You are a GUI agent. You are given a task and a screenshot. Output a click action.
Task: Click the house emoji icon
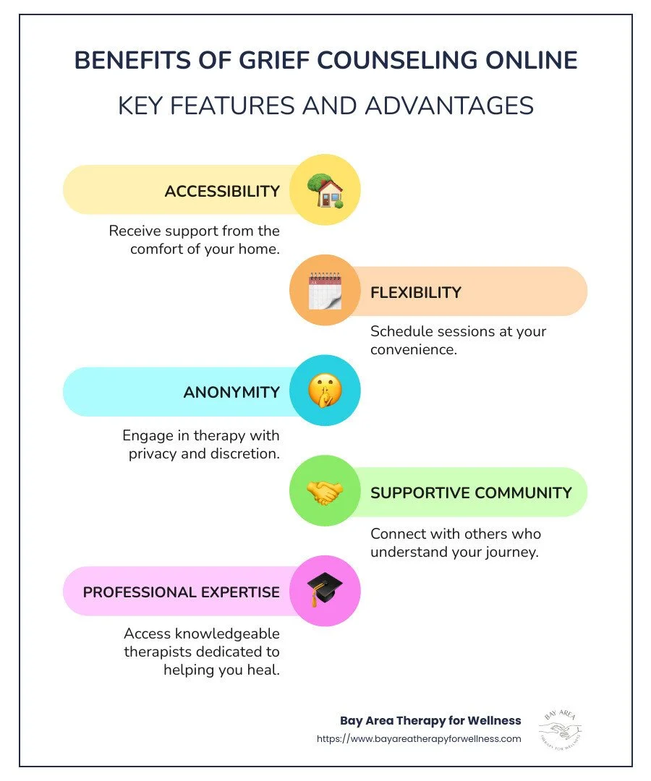coord(325,190)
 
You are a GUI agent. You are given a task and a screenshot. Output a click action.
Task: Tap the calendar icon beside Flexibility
coord(325,291)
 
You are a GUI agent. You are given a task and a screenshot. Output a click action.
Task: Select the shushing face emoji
coord(325,391)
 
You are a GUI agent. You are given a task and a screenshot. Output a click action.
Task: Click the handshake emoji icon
coord(325,492)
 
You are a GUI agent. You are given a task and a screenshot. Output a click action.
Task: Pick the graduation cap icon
coord(325,591)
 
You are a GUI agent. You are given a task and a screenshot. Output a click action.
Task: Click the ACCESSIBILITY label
coord(222,192)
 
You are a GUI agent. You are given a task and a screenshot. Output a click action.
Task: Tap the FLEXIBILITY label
coord(415,292)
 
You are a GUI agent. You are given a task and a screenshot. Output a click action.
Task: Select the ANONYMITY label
coord(231,393)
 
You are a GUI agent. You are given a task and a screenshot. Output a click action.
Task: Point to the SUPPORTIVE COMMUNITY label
coord(471,493)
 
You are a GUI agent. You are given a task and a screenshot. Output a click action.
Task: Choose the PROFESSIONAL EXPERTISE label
coord(182,592)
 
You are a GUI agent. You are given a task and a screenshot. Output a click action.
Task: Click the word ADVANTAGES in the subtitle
coord(449,106)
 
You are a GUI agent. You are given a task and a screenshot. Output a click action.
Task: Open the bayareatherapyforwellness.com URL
coord(419,738)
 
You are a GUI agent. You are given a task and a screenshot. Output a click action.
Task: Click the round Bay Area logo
coord(561,729)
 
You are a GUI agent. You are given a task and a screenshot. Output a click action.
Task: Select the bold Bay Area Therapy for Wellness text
coord(430,720)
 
